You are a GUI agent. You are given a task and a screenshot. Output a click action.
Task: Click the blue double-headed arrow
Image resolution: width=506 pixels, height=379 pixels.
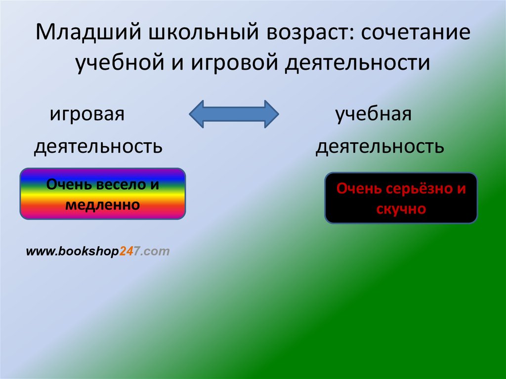(x=234, y=114)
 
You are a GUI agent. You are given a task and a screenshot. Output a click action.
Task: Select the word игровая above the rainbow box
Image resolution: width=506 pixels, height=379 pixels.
(x=86, y=115)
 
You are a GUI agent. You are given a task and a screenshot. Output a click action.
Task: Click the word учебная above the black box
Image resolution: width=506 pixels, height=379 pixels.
(x=374, y=115)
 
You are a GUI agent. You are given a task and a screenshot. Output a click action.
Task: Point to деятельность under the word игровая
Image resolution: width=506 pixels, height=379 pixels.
(x=98, y=146)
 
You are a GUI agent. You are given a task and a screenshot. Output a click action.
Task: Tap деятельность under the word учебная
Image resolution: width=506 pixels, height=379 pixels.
(x=379, y=146)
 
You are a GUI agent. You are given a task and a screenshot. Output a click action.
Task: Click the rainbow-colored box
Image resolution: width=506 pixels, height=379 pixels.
(x=103, y=194)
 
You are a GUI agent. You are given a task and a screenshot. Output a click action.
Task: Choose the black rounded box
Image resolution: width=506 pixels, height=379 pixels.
(x=401, y=198)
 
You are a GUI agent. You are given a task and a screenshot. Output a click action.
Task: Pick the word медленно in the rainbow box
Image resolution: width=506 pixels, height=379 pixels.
(x=103, y=204)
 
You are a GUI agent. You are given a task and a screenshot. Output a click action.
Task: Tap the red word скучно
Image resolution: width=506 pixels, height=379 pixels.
(x=401, y=209)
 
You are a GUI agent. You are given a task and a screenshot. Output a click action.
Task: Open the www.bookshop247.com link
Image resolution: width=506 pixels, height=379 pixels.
(x=98, y=252)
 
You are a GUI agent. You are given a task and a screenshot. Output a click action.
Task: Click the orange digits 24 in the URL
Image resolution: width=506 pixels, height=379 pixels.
(x=125, y=252)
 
